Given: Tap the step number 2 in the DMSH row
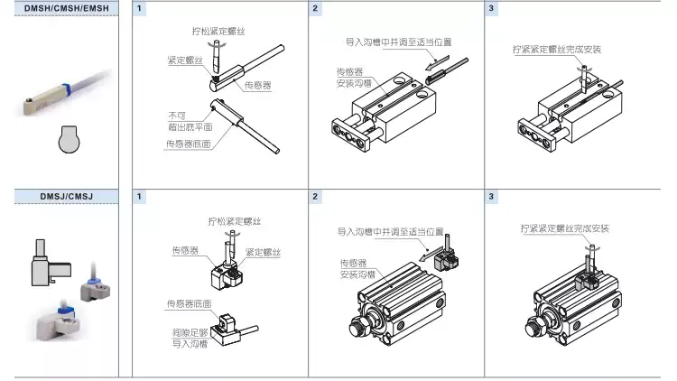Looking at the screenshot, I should tap(315, 8).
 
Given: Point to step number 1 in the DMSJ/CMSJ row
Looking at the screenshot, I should tap(139, 196).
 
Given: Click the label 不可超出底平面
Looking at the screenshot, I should tap(182, 122).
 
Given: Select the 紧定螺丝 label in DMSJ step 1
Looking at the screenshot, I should tap(264, 250).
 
